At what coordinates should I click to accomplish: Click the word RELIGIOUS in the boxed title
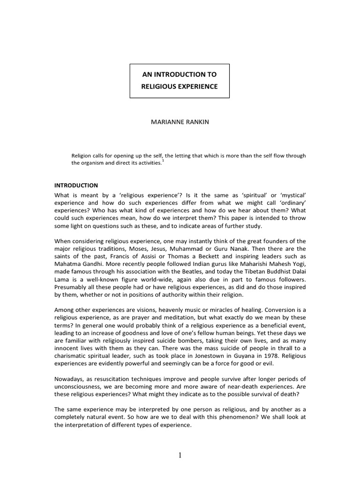[x=157, y=87]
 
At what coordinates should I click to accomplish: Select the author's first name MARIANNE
[x=165, y=122]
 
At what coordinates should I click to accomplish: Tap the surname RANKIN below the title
[x=196, y=122]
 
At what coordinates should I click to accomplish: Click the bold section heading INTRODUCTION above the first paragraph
[x=75, y=186]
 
